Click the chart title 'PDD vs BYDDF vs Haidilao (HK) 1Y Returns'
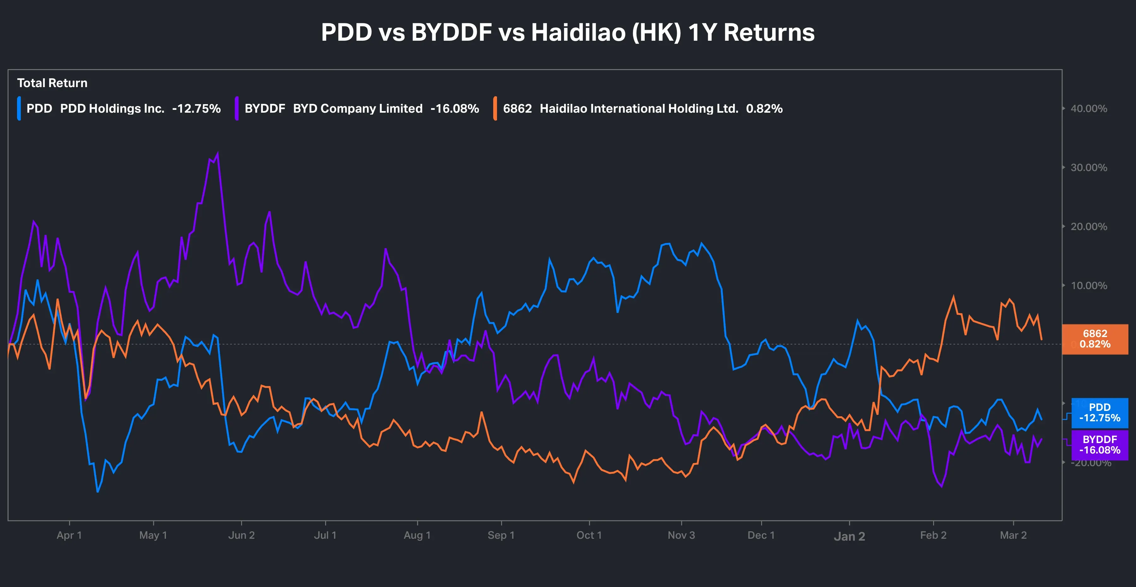tap(568, 32)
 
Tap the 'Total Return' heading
tap(52, 83)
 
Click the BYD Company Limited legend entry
tap(357, 109)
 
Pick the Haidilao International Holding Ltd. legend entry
tap(639, 109)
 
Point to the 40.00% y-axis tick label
tap(1088, 109)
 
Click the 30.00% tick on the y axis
tap(1088, 168)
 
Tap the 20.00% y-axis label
tap(1088, 227)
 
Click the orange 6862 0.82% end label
tap(1095, 339)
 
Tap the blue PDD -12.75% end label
tap(1099, 413)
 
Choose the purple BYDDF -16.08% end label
tap(1099, 445)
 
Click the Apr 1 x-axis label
tap(69, 535)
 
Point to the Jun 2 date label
tap(241, 535)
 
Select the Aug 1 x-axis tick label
tap(417, 535)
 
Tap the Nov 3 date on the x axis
tap(681, 535)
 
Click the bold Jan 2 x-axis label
tap(849, 536)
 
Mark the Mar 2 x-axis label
tap(1013, 535)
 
